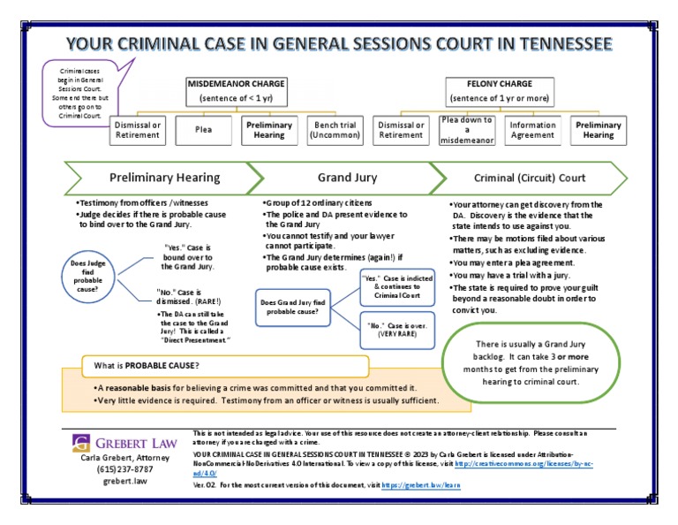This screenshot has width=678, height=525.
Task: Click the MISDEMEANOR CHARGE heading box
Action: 237,89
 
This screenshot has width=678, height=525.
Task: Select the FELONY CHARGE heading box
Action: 499,89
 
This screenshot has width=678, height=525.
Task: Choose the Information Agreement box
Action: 532,131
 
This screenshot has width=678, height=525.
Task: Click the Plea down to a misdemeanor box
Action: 467,130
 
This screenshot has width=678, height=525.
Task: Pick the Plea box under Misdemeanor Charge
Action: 204,130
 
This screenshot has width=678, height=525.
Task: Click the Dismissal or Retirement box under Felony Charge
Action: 401,131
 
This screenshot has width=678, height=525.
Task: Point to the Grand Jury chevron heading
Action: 348,178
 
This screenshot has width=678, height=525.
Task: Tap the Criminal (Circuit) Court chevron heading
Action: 530,178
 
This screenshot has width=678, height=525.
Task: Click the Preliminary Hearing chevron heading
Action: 164,178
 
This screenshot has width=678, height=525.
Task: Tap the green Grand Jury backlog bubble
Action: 528,362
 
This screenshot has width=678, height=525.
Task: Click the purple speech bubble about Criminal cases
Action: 83,92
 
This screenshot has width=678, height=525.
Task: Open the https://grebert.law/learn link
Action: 423,486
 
